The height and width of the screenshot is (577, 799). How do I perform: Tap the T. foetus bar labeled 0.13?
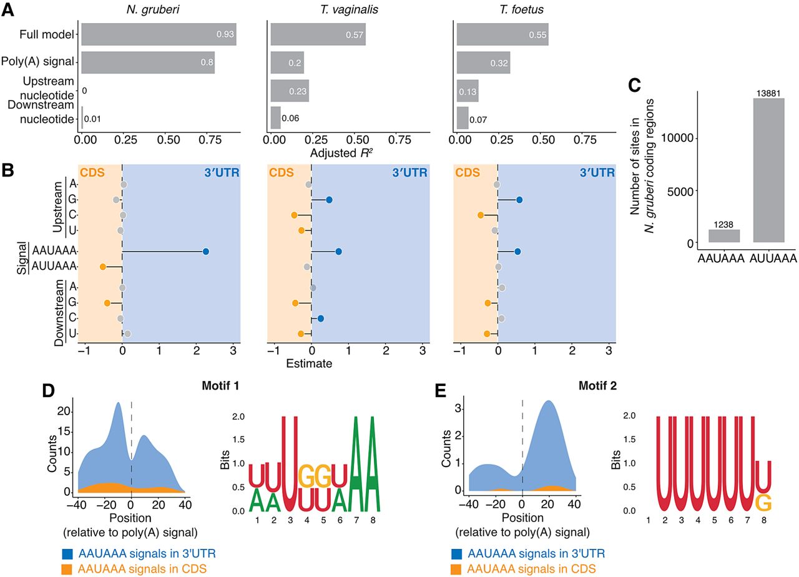point(468,91)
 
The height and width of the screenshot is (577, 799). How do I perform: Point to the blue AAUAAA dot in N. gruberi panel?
point(205,252)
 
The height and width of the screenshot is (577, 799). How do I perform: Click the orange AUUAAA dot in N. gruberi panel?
point(103,267)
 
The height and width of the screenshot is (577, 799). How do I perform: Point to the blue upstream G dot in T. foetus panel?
point(519,200)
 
